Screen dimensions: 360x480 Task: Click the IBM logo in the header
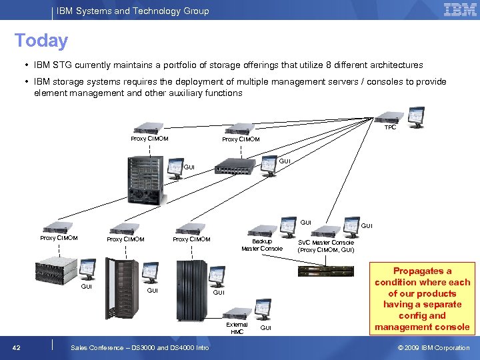pos(460,10)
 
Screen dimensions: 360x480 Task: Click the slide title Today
pos(41,41)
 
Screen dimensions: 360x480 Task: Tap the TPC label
pos(390,127)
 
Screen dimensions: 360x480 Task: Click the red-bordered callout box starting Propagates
pos(422,299)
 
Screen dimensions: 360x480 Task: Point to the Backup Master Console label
pos(261,245)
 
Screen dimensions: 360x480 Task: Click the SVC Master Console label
pos(326,246)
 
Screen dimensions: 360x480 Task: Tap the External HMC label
pos(237,328)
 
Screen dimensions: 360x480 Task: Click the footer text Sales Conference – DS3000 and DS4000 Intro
pos(139,347)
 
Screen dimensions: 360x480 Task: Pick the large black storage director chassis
pos(146,179)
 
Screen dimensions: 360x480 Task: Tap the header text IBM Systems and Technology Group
pos(133,11)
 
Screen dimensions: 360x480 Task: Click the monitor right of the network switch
pos(269,166)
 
